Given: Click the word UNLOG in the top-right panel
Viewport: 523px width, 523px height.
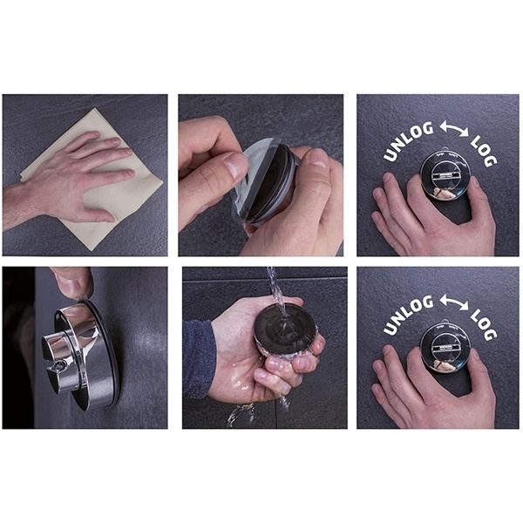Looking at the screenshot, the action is click(408, 141).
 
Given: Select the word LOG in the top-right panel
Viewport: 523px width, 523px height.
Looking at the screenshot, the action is click(483, 151).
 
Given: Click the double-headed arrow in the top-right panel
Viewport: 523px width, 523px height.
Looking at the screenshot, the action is click(454, 129).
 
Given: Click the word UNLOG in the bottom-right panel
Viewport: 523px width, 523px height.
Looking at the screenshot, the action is click(408, 315).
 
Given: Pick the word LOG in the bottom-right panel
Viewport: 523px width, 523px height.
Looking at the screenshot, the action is click(483, 324).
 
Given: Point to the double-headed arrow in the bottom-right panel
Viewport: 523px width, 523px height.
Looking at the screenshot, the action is click(454, 302).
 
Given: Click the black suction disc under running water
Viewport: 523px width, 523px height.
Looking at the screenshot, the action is click(282, 328).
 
